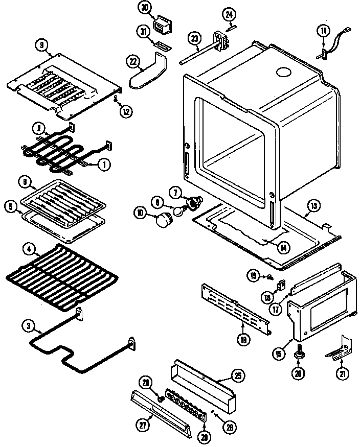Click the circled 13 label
pyautogui.click(x=313, y=206)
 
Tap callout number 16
pyautogui.click(x=243, y=338)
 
